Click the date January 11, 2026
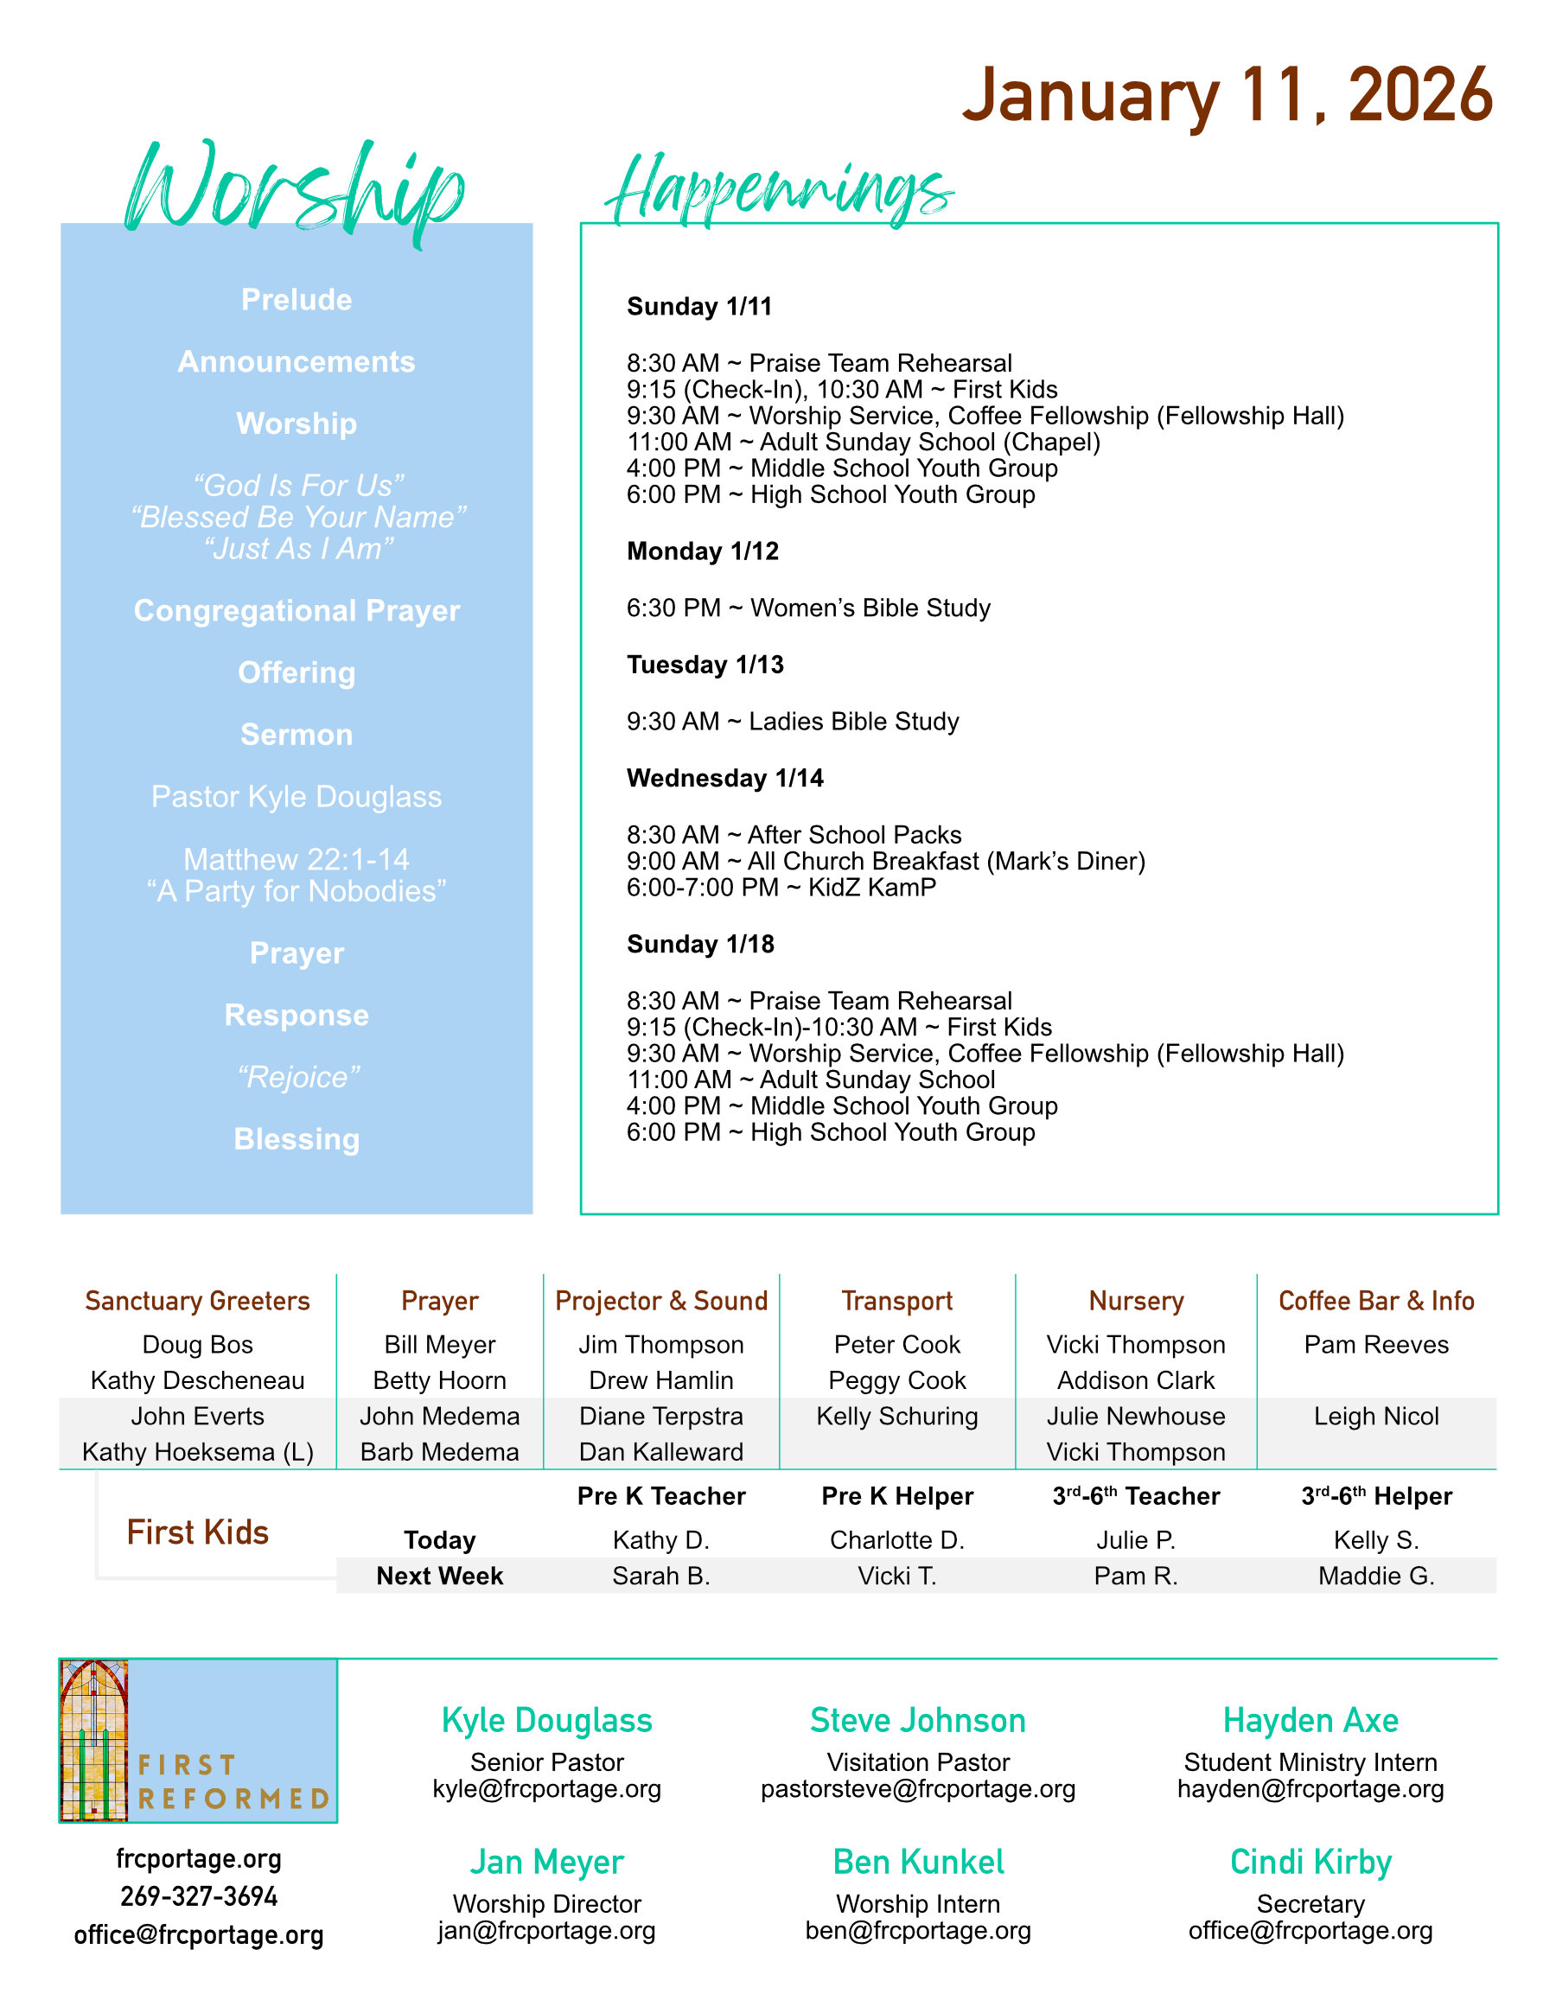1226,96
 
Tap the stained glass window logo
93,1739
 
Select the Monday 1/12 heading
703,551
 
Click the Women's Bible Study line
808,608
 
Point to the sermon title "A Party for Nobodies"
296,891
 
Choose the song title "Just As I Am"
297,550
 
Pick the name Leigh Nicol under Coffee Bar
1375,1416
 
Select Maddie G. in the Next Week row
1375,1577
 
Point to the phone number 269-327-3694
198,1897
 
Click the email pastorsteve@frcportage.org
917,1789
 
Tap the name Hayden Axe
1310,1721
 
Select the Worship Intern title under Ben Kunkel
917,1903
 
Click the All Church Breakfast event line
885,861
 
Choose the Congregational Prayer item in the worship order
296,610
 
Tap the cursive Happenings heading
779,189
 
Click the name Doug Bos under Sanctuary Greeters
197,1345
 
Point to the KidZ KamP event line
781,888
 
